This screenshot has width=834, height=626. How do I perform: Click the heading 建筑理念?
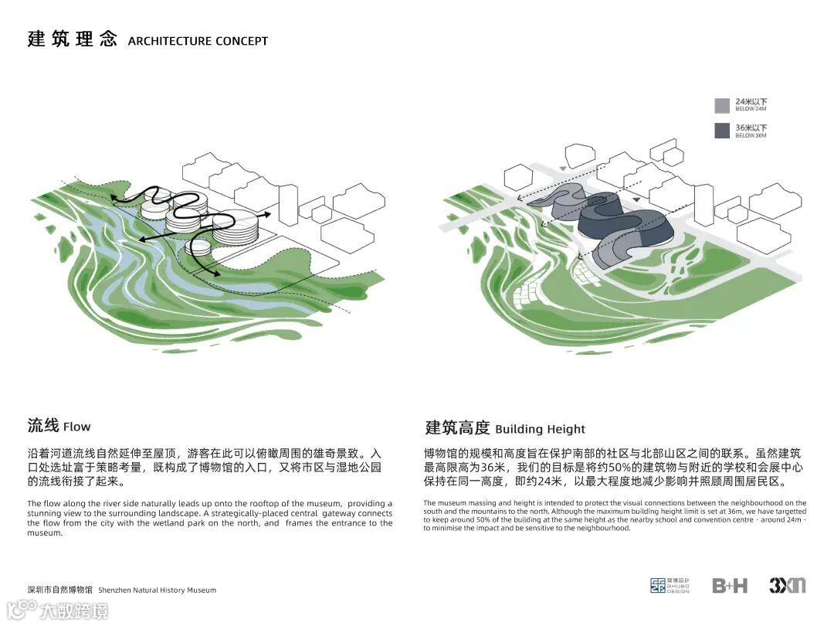click(x=71, y=39)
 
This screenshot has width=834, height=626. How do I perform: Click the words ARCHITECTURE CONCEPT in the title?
click(x=198, y=41)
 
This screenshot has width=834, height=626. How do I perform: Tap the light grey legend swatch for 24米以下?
click(x=722, y=106)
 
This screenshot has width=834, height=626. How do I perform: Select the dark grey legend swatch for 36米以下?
click(x=722, y=131)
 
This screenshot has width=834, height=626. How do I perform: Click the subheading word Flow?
click(x=77, y=427)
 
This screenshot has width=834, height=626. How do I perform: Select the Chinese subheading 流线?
click(x=43, y=425)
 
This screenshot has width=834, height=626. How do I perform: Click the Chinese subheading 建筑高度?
click(x=457, y=427)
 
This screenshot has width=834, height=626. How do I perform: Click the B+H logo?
click(x=730, y=586)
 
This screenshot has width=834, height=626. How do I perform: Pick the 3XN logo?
click(x=787, y=586)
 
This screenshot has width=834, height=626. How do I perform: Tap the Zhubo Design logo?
click(x=670, y=586)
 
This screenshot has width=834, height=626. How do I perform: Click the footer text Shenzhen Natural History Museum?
click(x=158, y=590)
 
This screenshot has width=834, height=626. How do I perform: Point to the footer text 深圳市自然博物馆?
click(x=59, y=590)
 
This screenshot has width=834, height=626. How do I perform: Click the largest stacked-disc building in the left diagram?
click(x=234, y=229)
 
